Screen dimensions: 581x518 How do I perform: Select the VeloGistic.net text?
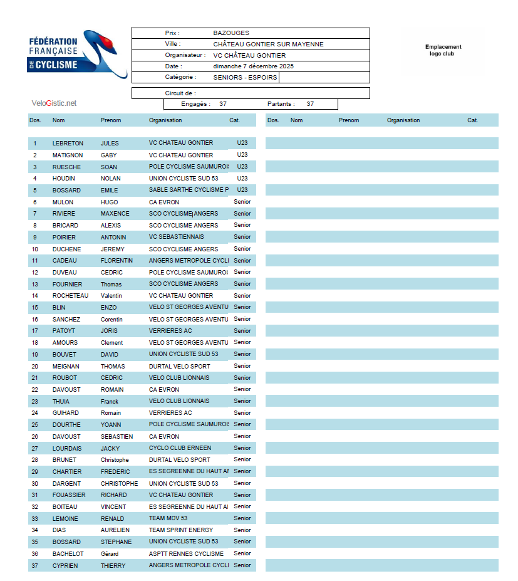pyautogui.click(x=54, y=103)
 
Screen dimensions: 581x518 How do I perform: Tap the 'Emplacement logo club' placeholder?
pyautogui.click(x=443, y=51)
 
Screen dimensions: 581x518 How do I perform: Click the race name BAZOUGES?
pyautogui.click(x=231, y=33)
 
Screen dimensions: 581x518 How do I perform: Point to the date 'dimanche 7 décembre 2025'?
pyautogui.click(x=253, y=66)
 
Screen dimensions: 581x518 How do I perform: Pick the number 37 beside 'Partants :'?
pyautogui.click(x=310, y=104)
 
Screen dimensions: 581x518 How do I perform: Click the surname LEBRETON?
pyautogui.click(x=68, y=144)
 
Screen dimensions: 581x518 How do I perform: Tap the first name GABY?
pyautogui.click(x=109, y=155)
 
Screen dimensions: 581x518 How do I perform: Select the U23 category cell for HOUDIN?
pyautogui.click(x=242, y=179)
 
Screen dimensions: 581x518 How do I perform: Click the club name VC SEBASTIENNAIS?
pyautogui.click(x=176, y=238)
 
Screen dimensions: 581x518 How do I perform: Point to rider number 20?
pyautogui.click(x=35, y=367)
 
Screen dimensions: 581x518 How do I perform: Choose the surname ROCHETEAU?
pyautogui.click(x=70, y=296)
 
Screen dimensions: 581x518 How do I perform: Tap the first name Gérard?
pyautogui.click(x=110, y=554)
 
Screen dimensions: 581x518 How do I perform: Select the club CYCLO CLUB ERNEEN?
pyautogui.click(x=180, y=448)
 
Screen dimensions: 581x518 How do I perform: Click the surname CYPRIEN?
pyautogui.click(x=66, y=566)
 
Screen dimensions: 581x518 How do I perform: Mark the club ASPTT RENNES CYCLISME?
pyautogui.click(x=186, y=554)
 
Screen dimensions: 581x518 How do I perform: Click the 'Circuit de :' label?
pyautogui.click(x=180, y=93)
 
